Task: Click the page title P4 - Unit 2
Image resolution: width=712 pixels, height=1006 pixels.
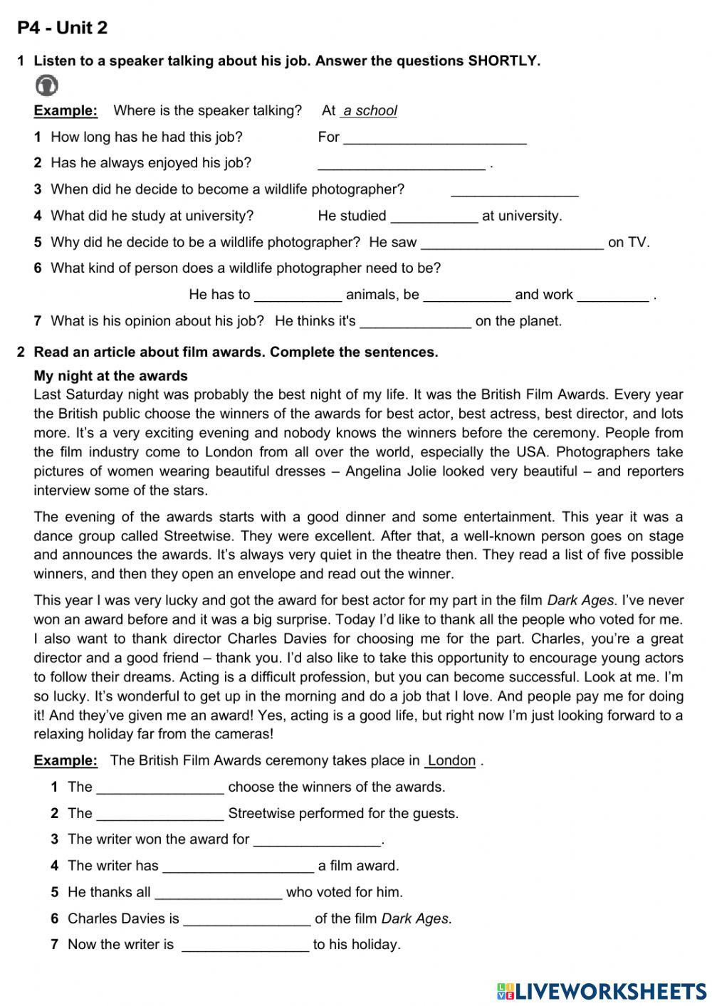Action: pos(63,28)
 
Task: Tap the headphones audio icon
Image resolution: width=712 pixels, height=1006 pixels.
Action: pos(46,85)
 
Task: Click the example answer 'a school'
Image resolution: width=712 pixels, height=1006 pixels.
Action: pos(369,110)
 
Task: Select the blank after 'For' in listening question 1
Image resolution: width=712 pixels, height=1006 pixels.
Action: pos(434,137)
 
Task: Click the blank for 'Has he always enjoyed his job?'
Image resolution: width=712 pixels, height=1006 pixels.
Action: pos(401,164)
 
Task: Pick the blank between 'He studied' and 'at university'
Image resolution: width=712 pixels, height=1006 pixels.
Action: pos(434,216)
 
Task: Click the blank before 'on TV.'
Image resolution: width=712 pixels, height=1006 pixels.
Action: pos(512,243)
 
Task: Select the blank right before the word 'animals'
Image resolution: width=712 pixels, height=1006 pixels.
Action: pos(298,295)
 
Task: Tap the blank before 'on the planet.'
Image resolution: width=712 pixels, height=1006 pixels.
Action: pos(415,322)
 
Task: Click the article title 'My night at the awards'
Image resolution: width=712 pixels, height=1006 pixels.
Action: pos(111,376)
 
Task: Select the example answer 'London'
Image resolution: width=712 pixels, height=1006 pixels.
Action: pos(451,760)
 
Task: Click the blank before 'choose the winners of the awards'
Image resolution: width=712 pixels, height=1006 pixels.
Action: pos(160,787)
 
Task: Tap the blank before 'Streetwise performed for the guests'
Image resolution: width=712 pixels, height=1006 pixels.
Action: pos(160,814)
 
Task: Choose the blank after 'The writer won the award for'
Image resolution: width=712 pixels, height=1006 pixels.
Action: pos(318,840)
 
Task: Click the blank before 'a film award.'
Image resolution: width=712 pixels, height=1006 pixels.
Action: pos(238,866)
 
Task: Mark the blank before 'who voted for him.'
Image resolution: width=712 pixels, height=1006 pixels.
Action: pos(219,893)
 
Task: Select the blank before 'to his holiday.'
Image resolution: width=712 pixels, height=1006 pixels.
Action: pos(246,945)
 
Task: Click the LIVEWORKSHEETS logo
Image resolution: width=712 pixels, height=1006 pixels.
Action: pos(602,991)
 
